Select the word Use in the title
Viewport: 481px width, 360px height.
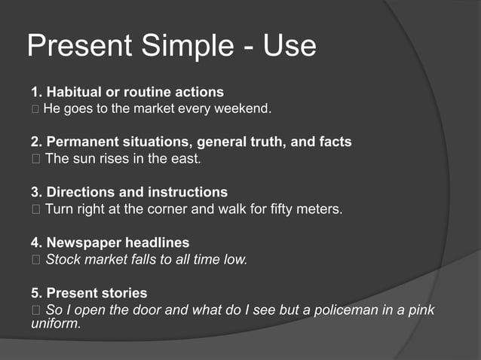coord(290,47)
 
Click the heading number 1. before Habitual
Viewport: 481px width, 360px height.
coord(36,93)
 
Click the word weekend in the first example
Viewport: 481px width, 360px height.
coord(245,109)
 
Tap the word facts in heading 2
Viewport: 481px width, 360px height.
coord(334,142)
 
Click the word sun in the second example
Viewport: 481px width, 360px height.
coord(84,159)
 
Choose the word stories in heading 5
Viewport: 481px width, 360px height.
coord(123,293)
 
